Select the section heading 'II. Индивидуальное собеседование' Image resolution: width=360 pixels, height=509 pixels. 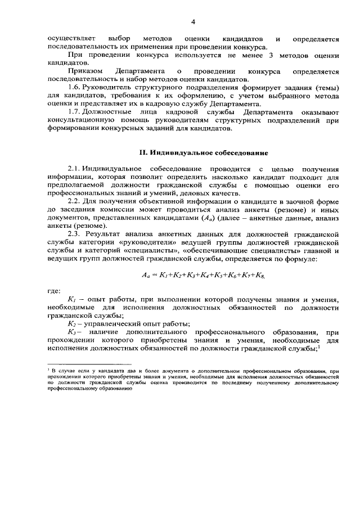point(200,152)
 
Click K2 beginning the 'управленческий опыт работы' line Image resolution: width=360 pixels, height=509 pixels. point(71,323)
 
